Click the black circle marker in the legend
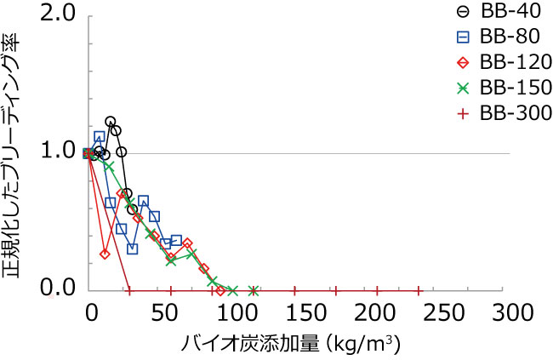[x=461, y=11]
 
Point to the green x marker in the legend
[x=461, y=87]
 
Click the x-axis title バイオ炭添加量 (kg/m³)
[x=289, y=345]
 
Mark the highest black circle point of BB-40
[x=110, y=122]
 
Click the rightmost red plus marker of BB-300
[x=419, y=289]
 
